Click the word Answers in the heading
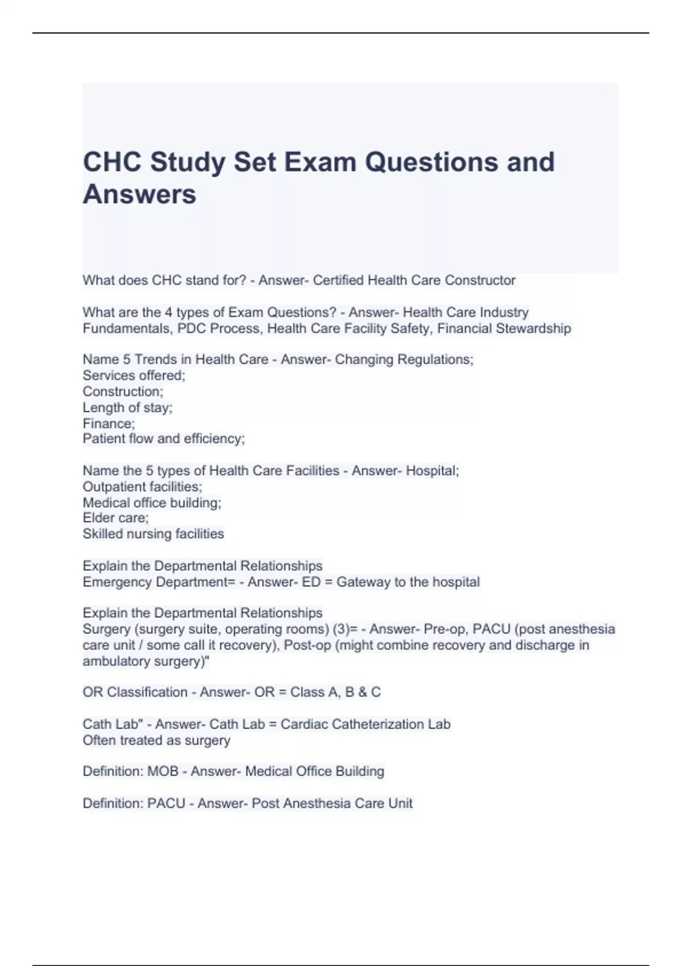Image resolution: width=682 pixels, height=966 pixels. point(139,194)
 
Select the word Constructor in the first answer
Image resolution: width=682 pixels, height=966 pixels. point(480,280)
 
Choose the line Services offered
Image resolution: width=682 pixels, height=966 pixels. point(134,376)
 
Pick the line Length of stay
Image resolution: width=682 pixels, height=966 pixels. point(127,407)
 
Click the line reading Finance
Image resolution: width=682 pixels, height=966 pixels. point(109,423)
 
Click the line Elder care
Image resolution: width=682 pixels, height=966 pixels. point(115,518)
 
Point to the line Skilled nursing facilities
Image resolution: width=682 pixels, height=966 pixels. point(153,534)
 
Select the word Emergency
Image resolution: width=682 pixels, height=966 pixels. point(117,582)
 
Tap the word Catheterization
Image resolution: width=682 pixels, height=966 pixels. point(377,724)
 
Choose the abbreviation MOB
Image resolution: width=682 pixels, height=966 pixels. point(163,772)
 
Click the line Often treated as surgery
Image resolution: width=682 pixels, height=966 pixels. point(156,740)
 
